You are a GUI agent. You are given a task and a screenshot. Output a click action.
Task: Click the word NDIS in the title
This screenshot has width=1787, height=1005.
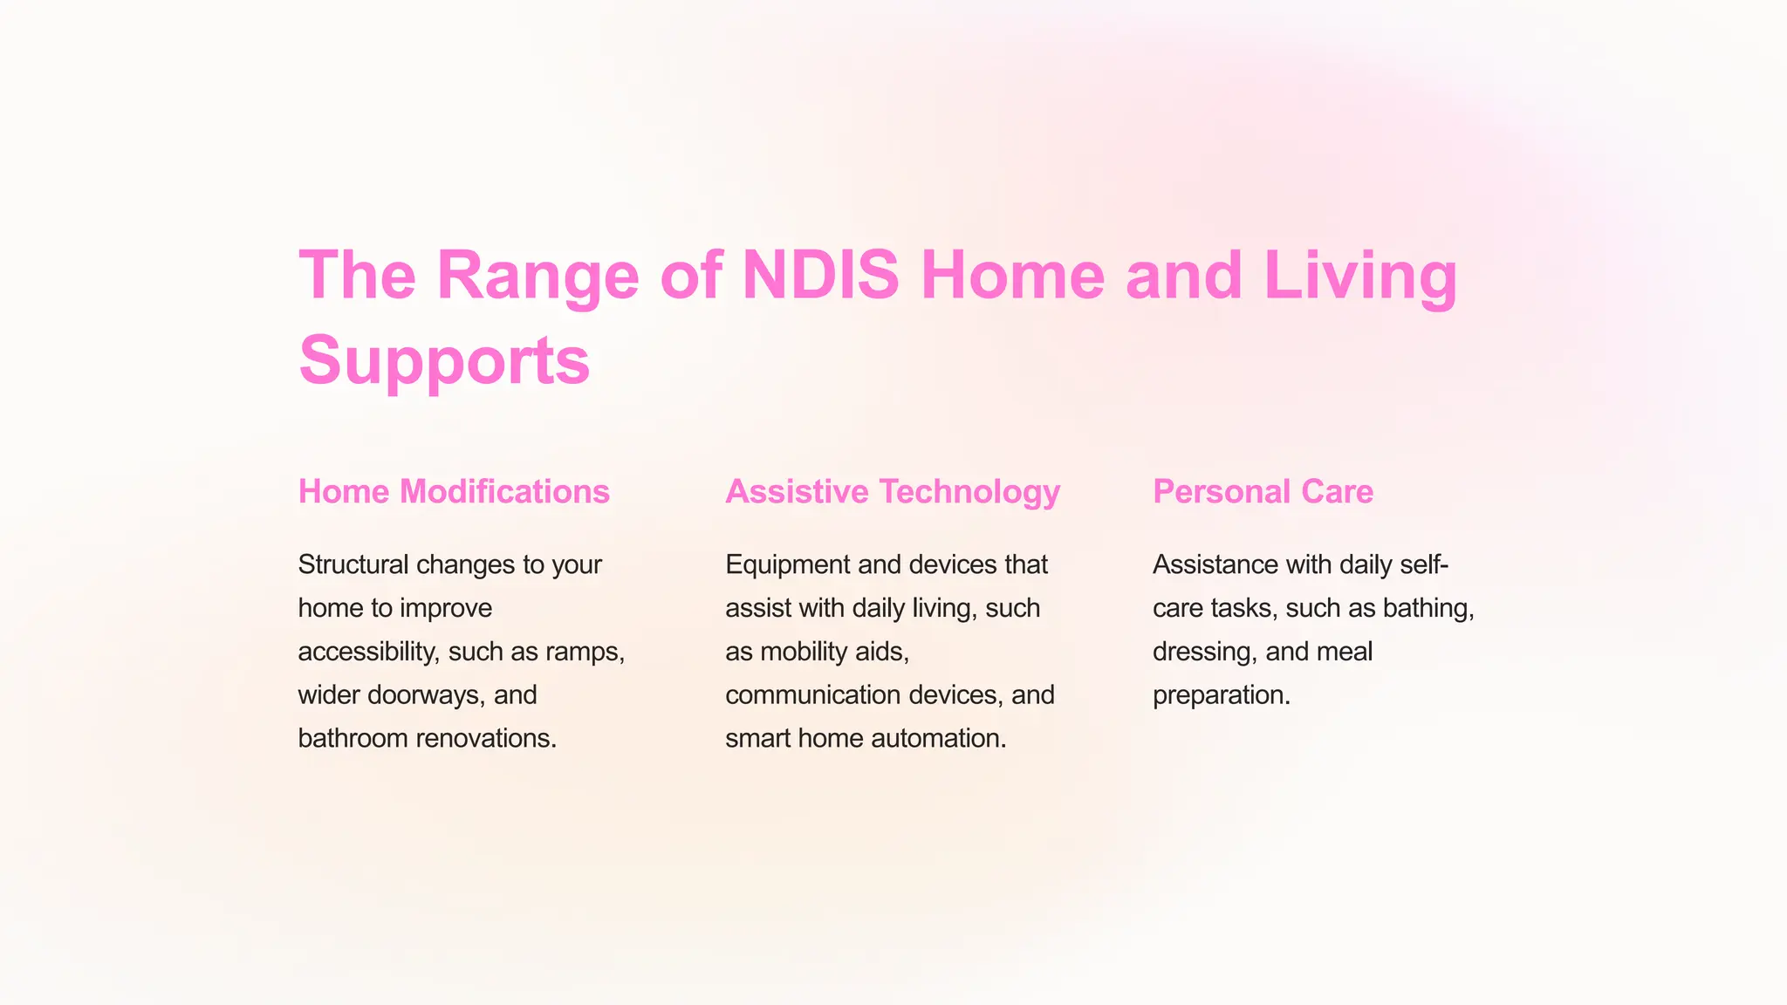coord(819,276)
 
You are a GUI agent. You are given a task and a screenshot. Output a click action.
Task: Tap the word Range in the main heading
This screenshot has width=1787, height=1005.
coord(537,276)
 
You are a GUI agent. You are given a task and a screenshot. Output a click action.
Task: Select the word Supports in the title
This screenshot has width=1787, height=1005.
coord(444,359)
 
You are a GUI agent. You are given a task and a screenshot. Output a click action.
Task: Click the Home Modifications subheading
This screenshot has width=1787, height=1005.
coord(454,492)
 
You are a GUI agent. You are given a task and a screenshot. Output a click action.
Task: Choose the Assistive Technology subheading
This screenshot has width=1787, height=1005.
coord(893,492)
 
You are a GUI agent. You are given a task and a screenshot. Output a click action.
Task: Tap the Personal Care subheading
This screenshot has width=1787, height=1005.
coord(1263,492)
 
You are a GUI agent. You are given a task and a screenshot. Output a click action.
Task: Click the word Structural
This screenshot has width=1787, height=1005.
coord(353,564)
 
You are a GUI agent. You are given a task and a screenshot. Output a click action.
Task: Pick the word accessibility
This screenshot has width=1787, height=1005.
coord(366,652)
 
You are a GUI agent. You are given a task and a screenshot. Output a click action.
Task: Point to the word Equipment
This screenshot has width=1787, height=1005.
coord(788,564)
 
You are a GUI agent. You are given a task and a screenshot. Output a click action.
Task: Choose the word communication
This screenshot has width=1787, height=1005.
coord(817,695)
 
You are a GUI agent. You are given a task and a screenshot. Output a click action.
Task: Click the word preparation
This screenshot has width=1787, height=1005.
coord(1221,695)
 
